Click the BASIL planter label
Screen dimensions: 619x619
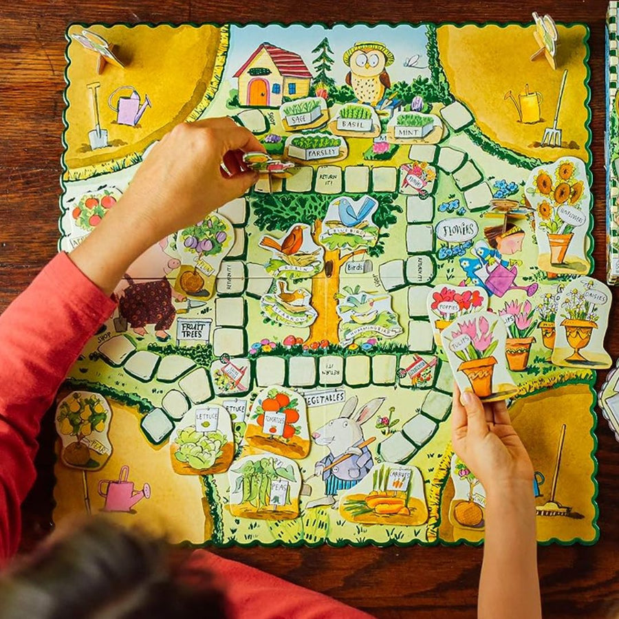354,124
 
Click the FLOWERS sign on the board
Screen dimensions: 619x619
456,229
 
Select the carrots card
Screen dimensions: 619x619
385,495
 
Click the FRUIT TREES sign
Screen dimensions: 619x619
193,331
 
